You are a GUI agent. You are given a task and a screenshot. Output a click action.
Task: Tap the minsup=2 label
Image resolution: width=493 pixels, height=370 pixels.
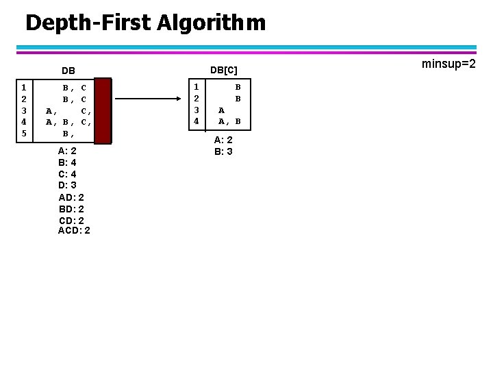[x=448, y=64]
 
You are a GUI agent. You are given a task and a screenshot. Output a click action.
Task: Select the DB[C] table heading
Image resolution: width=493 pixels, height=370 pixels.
[x=223, y=70]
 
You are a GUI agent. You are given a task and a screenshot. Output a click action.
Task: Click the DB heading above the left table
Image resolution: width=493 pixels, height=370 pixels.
[x=68, y=71]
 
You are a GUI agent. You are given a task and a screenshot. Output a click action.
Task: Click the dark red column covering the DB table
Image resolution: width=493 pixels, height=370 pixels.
[x=103, y=110]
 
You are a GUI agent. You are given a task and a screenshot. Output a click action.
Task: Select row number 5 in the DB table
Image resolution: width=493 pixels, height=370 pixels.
[x=24, y=133]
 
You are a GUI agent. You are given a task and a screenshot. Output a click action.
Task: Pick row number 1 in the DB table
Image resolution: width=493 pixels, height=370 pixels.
[x=24, y=87]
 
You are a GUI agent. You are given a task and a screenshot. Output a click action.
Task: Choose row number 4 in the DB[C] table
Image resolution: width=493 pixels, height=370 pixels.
[x=197, y=121]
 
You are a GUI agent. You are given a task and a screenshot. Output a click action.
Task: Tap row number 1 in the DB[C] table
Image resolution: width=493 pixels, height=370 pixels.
[x=197, y=87]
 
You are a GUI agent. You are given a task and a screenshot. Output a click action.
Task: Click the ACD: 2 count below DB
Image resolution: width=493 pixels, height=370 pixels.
[x=74, y=230]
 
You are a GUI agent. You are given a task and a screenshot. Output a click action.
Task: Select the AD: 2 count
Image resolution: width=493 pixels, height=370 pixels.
[x=71, y=197]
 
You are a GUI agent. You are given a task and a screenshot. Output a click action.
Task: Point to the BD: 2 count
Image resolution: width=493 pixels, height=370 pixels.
[x=71, y=208]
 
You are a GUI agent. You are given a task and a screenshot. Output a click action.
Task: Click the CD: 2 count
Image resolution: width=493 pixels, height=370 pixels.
[x=71, y=220]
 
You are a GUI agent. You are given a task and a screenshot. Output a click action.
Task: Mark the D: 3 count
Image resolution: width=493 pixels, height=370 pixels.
[x=67, y=185]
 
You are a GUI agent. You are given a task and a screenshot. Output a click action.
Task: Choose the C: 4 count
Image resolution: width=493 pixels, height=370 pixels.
[x=67, y=174]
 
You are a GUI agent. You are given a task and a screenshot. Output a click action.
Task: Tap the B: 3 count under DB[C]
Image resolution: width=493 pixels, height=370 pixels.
[x=223, y=151]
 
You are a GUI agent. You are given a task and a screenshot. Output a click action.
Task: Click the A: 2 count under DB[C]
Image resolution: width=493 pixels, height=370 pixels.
[x=223, y=140]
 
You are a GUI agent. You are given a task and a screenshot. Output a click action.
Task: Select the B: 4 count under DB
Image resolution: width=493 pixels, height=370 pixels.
[x=67, y=162]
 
